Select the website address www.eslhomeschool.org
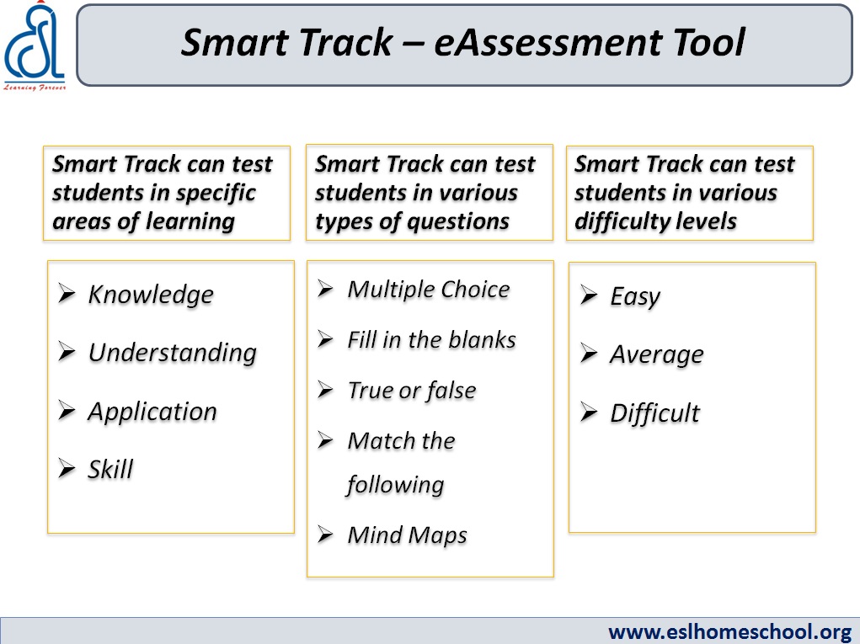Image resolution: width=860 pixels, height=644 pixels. (729, 632)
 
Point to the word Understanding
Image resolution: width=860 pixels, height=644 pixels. (172, 353)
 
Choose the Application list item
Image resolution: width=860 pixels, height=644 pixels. (152, 412)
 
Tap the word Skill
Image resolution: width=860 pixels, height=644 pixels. (110, 470)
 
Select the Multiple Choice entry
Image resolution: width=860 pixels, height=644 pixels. (429, 290)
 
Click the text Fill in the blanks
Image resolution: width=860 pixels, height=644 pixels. (431, 340)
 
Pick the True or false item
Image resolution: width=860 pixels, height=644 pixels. (411, 391)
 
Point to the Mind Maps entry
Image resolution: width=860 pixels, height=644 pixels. (407, 535)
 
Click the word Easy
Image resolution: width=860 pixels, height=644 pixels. (635, 297)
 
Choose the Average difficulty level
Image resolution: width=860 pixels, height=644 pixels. (656, 355)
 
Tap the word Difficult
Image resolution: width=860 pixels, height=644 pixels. (654, 412)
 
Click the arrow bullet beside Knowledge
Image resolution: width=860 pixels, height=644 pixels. (67, 294)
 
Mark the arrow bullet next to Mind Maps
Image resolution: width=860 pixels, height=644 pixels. (325, 534)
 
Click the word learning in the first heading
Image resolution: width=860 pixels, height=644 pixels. (190, 222)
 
